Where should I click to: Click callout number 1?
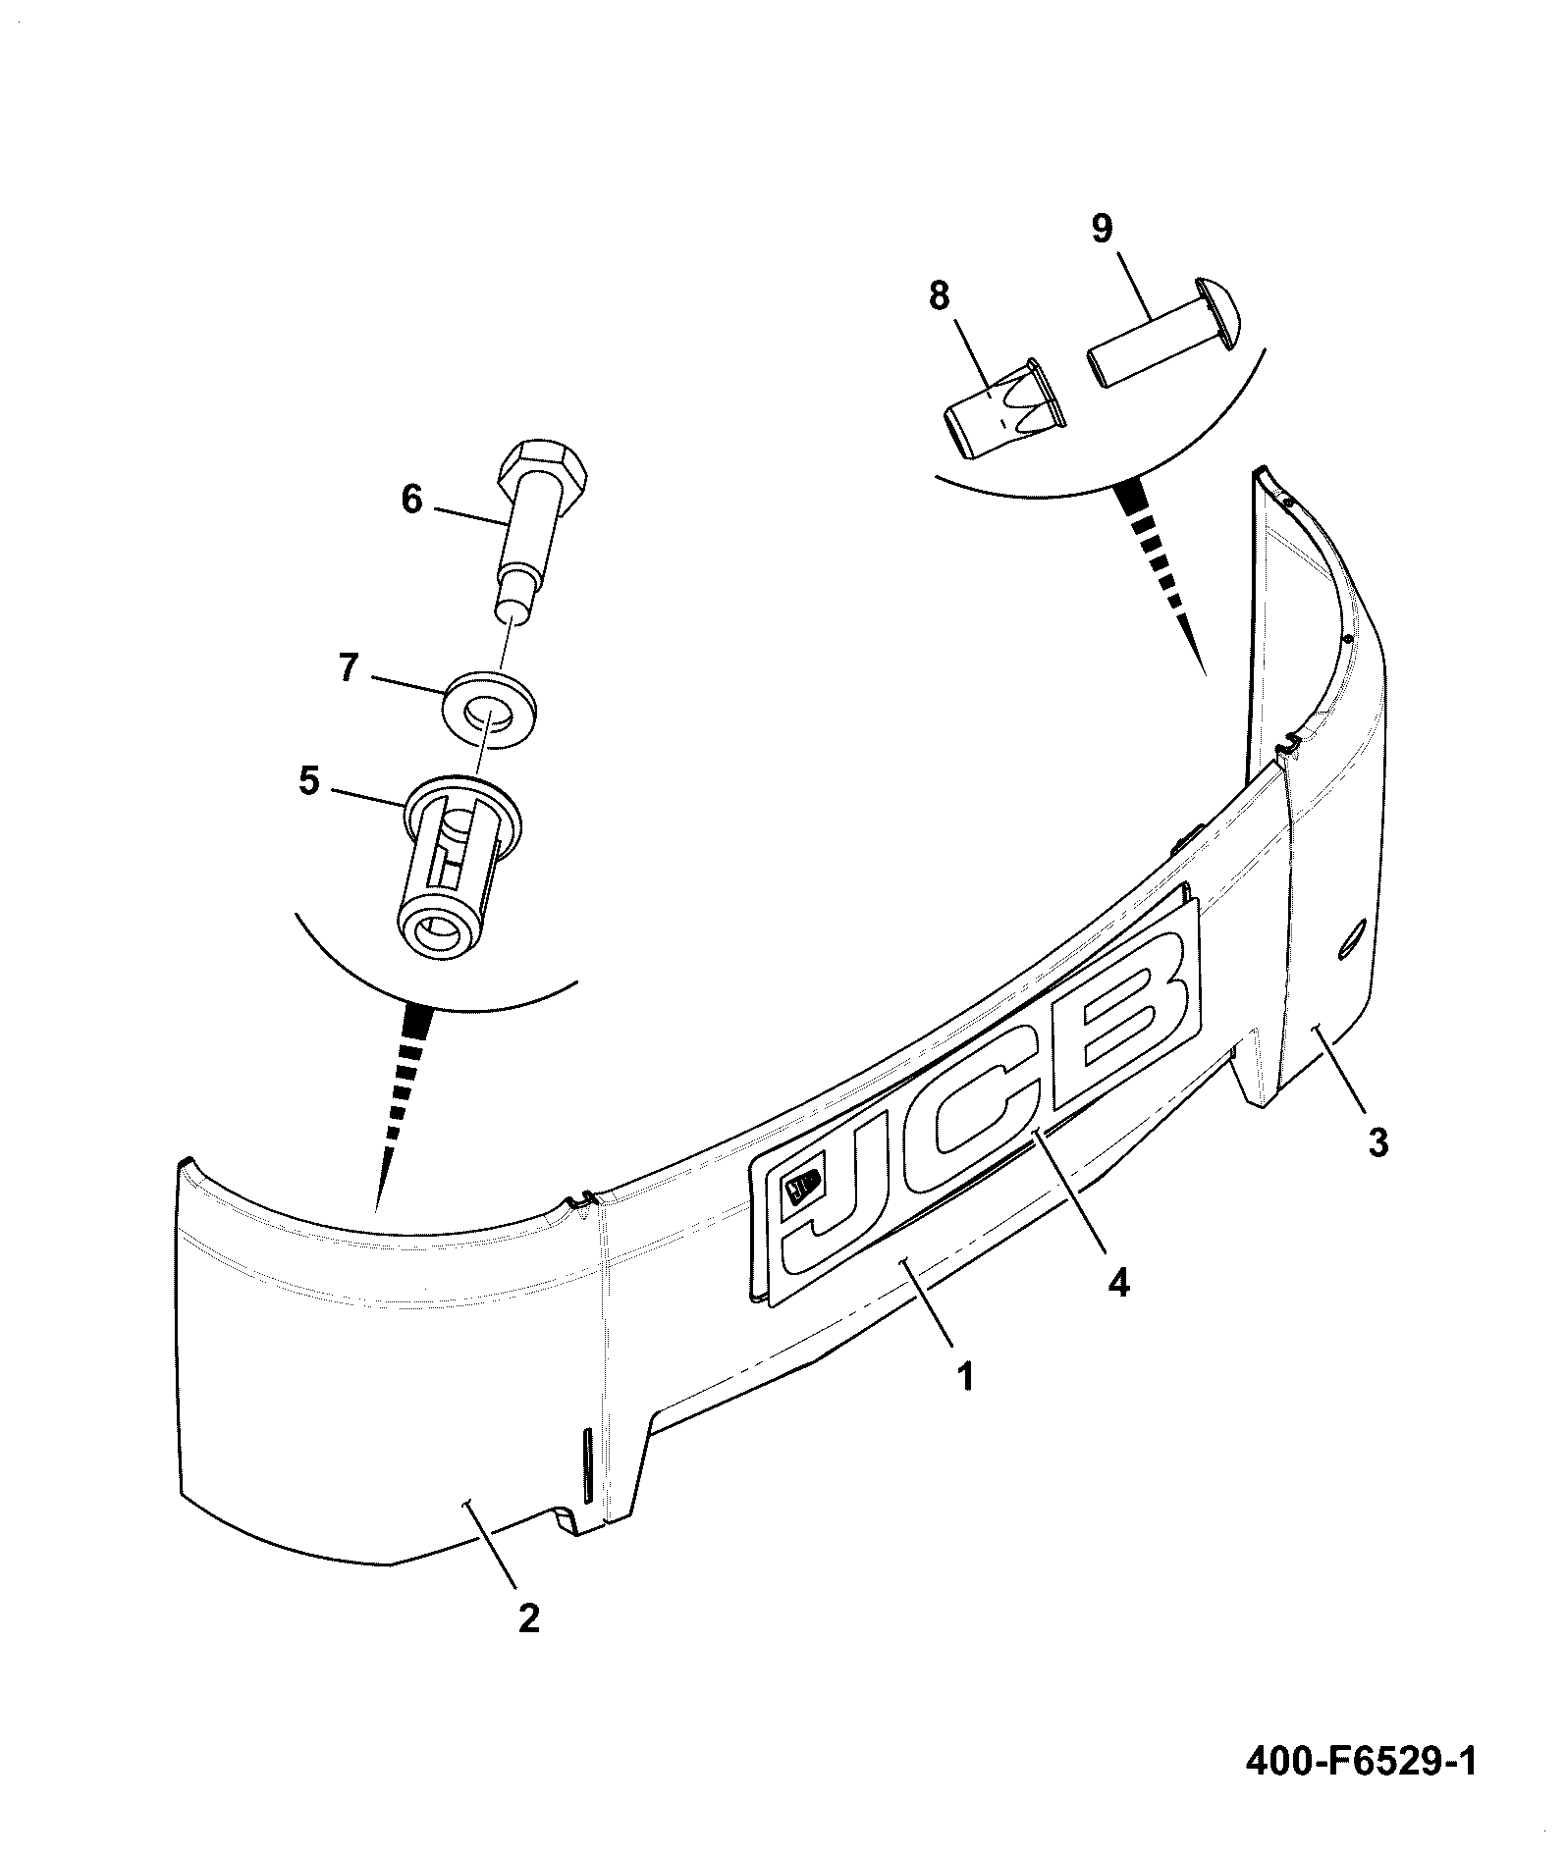point(966,1377)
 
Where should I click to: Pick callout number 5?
point(309,782)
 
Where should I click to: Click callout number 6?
point(411,500)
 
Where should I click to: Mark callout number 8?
point(940,295)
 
